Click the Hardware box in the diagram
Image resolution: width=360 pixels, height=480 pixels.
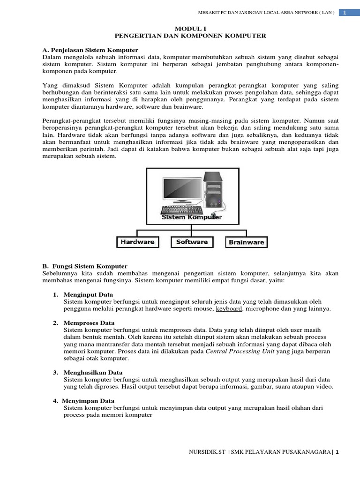coord(138,242)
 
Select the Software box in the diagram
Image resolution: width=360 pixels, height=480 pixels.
coord(192,242)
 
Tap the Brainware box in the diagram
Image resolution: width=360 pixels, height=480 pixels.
coord(247,242)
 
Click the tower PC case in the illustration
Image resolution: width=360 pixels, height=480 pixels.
coord(213,189)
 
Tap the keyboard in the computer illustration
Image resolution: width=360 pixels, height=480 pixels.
coord(182,210)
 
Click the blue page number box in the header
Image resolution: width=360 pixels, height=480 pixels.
coord(345,12)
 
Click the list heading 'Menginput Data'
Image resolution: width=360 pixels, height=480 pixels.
coord(88,295)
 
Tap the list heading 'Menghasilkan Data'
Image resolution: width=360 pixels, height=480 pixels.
coord(93,373)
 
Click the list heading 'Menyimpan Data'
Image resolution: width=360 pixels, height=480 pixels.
coord(89,401)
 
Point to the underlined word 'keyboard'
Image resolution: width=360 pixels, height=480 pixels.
coord(229,309)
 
